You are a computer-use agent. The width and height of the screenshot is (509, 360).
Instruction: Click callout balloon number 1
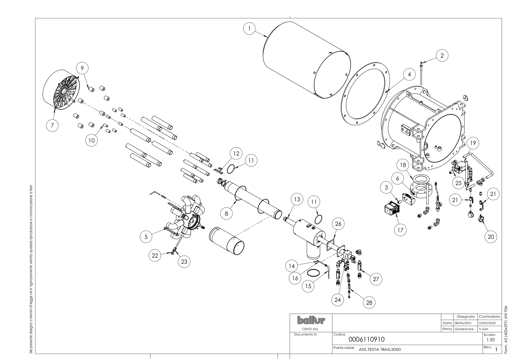(x=249, y=29)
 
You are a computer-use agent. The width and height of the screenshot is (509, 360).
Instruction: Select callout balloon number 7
(x=52, y=126)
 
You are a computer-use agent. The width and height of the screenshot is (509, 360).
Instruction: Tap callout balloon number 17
(x=400, y=230)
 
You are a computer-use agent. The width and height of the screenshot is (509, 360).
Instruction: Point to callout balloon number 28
(x=369, y=302)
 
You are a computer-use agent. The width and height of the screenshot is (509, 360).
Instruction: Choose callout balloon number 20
(x=491, y=237)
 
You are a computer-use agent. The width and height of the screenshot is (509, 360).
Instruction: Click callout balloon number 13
(x=297, y=199)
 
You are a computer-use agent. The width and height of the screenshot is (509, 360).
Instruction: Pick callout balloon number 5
(x=146, y=237)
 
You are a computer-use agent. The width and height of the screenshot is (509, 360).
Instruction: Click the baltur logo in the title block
(x=311, y=320)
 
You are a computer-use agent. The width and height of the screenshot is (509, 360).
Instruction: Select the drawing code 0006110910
(x=366, y=340)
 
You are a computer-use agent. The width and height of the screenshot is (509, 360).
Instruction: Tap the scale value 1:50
(x=491, y=340)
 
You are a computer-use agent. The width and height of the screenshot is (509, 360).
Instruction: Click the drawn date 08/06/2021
(x=463, y=323)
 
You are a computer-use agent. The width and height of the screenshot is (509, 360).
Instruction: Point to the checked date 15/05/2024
(x=487, y=323)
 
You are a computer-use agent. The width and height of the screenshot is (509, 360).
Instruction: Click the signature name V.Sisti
(x=484, y=329)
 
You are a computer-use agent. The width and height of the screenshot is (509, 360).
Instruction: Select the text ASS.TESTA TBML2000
(x=380, y=350)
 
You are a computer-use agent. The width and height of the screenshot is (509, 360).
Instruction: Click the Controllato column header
(x=490, y=317)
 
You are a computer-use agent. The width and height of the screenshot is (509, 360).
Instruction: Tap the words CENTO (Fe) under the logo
(x=310, y=329)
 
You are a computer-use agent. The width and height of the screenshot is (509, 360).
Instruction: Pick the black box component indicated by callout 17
(x=392, y=208)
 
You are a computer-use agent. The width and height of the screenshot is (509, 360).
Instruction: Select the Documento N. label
(x=305, y=334)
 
